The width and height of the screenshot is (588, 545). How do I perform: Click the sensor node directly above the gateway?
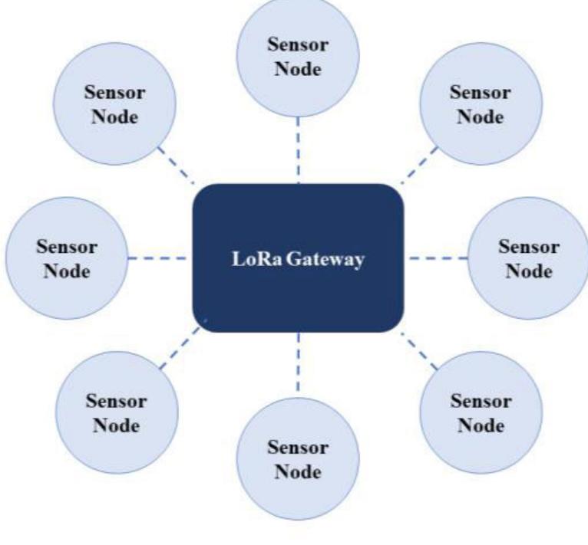pos(297,57)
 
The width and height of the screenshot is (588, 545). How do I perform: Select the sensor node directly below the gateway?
pos(297,459)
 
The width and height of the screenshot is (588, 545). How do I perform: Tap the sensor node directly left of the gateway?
pos(65,259)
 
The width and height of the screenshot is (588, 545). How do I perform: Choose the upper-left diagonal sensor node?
pos(114,106)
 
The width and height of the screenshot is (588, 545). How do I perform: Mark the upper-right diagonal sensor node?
pos(480,106)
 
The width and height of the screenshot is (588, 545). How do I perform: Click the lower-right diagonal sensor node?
pos(480,412)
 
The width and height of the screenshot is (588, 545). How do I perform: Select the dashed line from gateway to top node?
pos(298,150)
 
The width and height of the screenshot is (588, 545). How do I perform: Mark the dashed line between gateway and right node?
pos(436,258)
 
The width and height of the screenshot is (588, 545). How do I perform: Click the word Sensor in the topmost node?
pos(297,45)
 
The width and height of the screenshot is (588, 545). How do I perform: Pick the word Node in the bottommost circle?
pos(297,471)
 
